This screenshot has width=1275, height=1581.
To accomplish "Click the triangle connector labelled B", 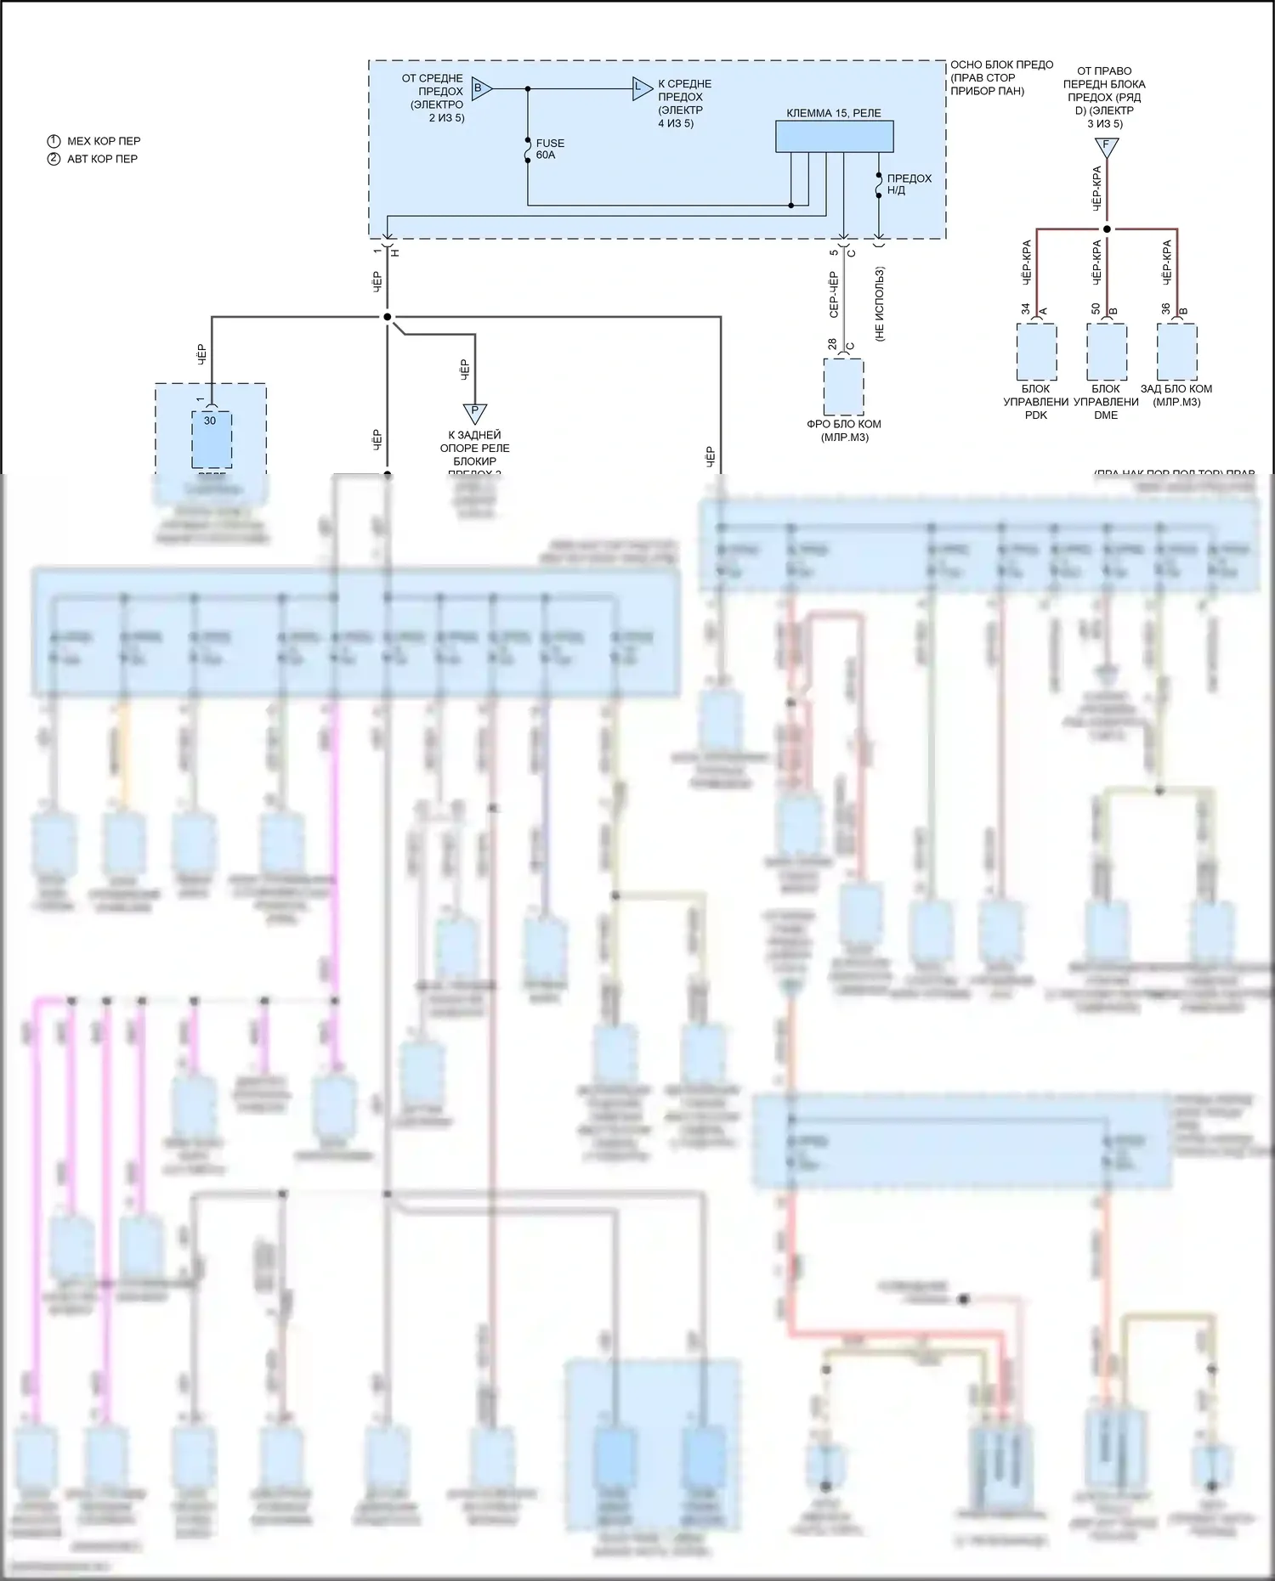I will [x=480, y=88].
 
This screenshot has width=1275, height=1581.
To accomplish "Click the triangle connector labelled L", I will [x=641, y=88].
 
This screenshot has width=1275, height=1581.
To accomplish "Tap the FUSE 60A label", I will [x=550, y=150].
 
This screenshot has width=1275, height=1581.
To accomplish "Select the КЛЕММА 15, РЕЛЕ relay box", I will [x=834, y=136].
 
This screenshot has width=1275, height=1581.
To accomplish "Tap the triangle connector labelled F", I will [x=1106, y=147].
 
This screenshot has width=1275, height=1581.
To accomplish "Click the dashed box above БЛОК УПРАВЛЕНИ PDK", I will [x=1036, y=352].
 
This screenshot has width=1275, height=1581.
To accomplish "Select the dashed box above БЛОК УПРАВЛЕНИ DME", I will [x=1107, y=352].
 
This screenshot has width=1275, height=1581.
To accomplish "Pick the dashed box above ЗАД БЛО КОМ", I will [x=1177, y=352].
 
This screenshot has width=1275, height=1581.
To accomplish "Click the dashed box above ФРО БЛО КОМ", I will [x=844, y=387].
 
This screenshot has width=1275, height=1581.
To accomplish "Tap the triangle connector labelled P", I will [x=474, y=413].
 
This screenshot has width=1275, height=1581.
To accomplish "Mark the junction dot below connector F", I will [x=1107, y=229].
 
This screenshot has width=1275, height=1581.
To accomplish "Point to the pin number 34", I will [x=1025, y=308].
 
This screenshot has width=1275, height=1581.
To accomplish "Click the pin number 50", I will [x=1096, y=308].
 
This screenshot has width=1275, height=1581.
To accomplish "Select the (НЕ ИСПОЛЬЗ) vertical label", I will [x=880, y=304].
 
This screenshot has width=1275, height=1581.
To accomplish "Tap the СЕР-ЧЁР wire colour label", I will [x=834, y=295].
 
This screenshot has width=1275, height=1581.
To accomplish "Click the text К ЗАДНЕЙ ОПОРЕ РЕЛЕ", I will [x=474, y=442].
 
